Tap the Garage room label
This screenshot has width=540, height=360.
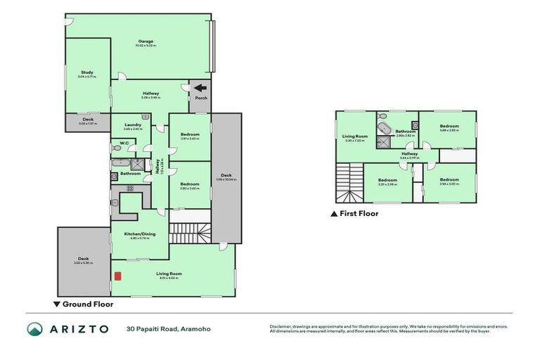[146, 41]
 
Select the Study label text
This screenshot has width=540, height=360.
[87, 72]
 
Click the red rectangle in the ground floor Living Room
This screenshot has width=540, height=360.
[118, 275]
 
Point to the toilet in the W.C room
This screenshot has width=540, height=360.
[115, 148]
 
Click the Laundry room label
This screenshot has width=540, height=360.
[133, 125]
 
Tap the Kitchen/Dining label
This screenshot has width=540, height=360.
[139, 234]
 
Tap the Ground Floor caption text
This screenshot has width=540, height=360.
[88, 305]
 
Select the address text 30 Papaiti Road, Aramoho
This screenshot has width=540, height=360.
[168, 328]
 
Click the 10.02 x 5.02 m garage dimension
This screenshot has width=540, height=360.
[146, 46]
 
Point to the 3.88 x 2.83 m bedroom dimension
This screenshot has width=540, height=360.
[449, 130]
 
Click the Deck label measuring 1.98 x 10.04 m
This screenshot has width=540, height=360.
[226, 176]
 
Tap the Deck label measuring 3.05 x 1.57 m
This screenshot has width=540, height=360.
[88, 120]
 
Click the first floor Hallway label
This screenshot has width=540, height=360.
[409, 153]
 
